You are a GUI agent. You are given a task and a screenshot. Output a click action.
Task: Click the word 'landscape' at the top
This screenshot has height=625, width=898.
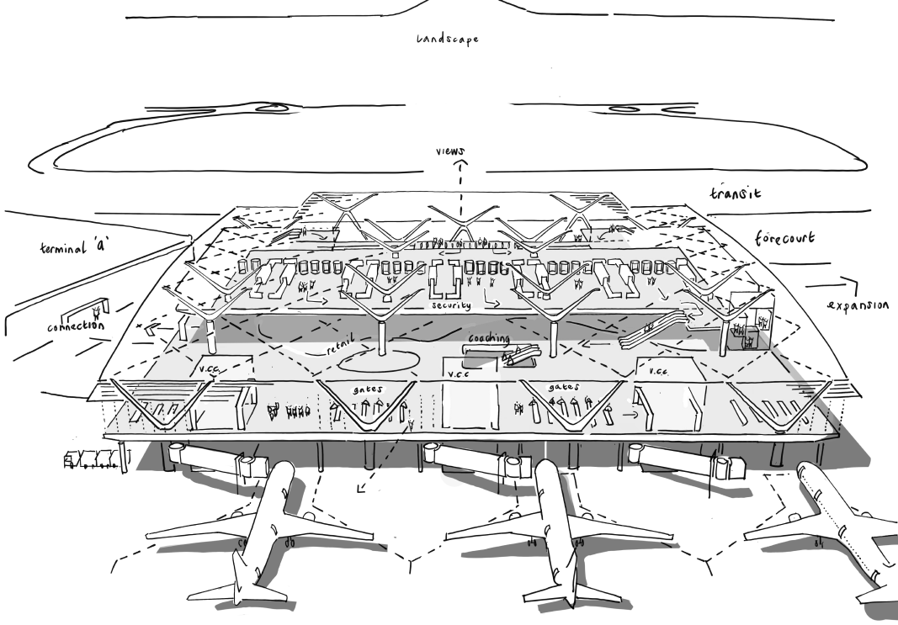[x=447, y=38]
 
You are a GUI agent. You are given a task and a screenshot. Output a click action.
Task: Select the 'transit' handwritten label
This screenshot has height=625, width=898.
[x=735, y=193]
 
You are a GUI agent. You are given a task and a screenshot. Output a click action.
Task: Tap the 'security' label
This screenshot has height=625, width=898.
[x=451, y=306]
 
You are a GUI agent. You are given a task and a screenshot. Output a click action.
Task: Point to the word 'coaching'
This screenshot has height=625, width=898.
[x=489, y=338]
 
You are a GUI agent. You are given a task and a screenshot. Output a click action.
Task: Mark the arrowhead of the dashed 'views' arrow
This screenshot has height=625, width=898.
[x=460, y=166]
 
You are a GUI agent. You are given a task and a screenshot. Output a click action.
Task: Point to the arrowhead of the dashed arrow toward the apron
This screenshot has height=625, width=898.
[x=358, y=489]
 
